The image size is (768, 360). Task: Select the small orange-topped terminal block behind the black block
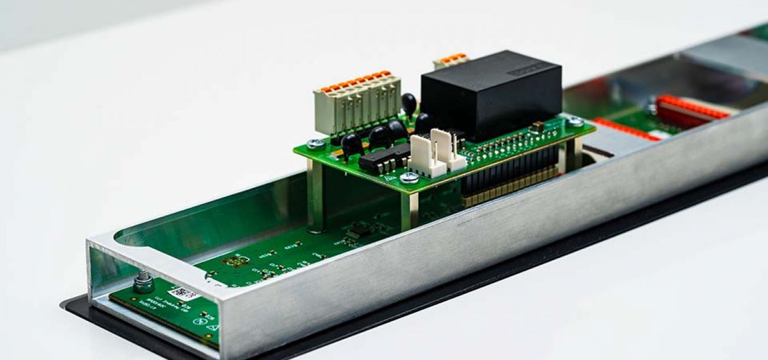coord(450,60)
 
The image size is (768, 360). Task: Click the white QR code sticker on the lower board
coord(184,293)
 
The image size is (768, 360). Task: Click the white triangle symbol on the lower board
coord(213,326)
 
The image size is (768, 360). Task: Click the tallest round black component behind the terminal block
coord(409,103)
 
